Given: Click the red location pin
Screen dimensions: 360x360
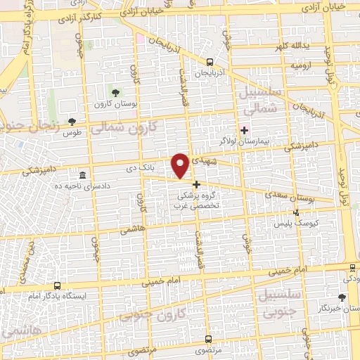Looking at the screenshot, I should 181,165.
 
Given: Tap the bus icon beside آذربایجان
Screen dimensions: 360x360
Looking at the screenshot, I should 210,63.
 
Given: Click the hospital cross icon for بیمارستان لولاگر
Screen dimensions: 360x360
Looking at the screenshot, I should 244,130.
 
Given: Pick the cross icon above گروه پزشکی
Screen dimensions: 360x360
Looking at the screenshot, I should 196,184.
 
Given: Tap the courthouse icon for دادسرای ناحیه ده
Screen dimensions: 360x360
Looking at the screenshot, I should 83,175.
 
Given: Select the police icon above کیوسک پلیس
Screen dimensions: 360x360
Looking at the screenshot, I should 296,212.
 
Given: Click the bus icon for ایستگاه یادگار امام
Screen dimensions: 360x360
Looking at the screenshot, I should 57,287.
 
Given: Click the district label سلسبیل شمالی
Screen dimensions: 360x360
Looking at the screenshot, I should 260,101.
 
